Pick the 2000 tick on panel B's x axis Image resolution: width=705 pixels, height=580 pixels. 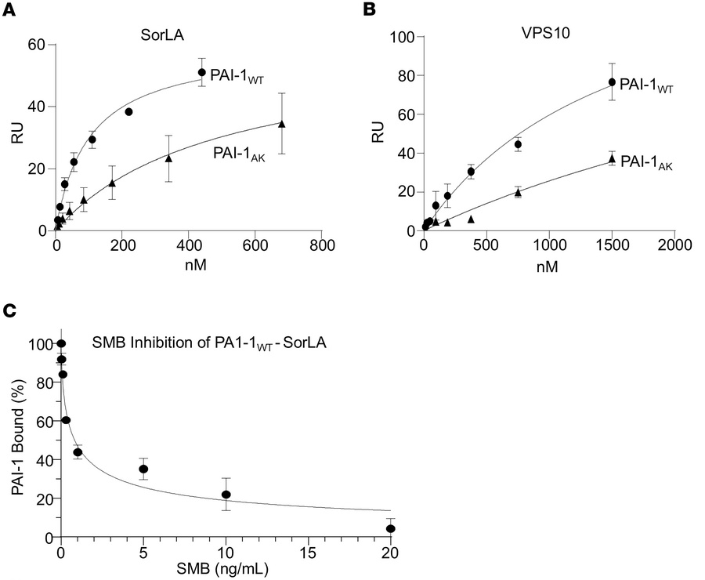[x=674, y=245]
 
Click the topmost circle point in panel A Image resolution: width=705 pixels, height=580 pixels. [x=201, y=72]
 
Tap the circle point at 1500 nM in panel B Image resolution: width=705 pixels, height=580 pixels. [x=612, y=82]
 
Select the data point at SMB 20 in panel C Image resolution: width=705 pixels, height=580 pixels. [x=390, y=529]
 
